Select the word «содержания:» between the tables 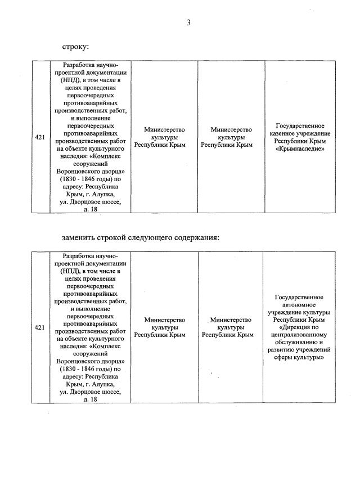point(197,237)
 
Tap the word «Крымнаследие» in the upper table point(299,149)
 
